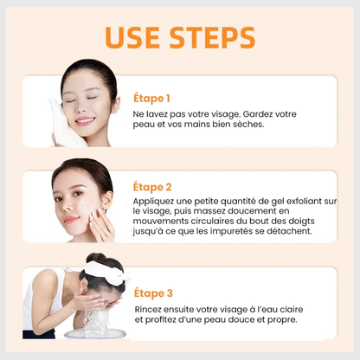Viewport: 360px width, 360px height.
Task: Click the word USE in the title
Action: click(136, 37)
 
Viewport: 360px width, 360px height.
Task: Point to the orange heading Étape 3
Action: click(153, 292)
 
